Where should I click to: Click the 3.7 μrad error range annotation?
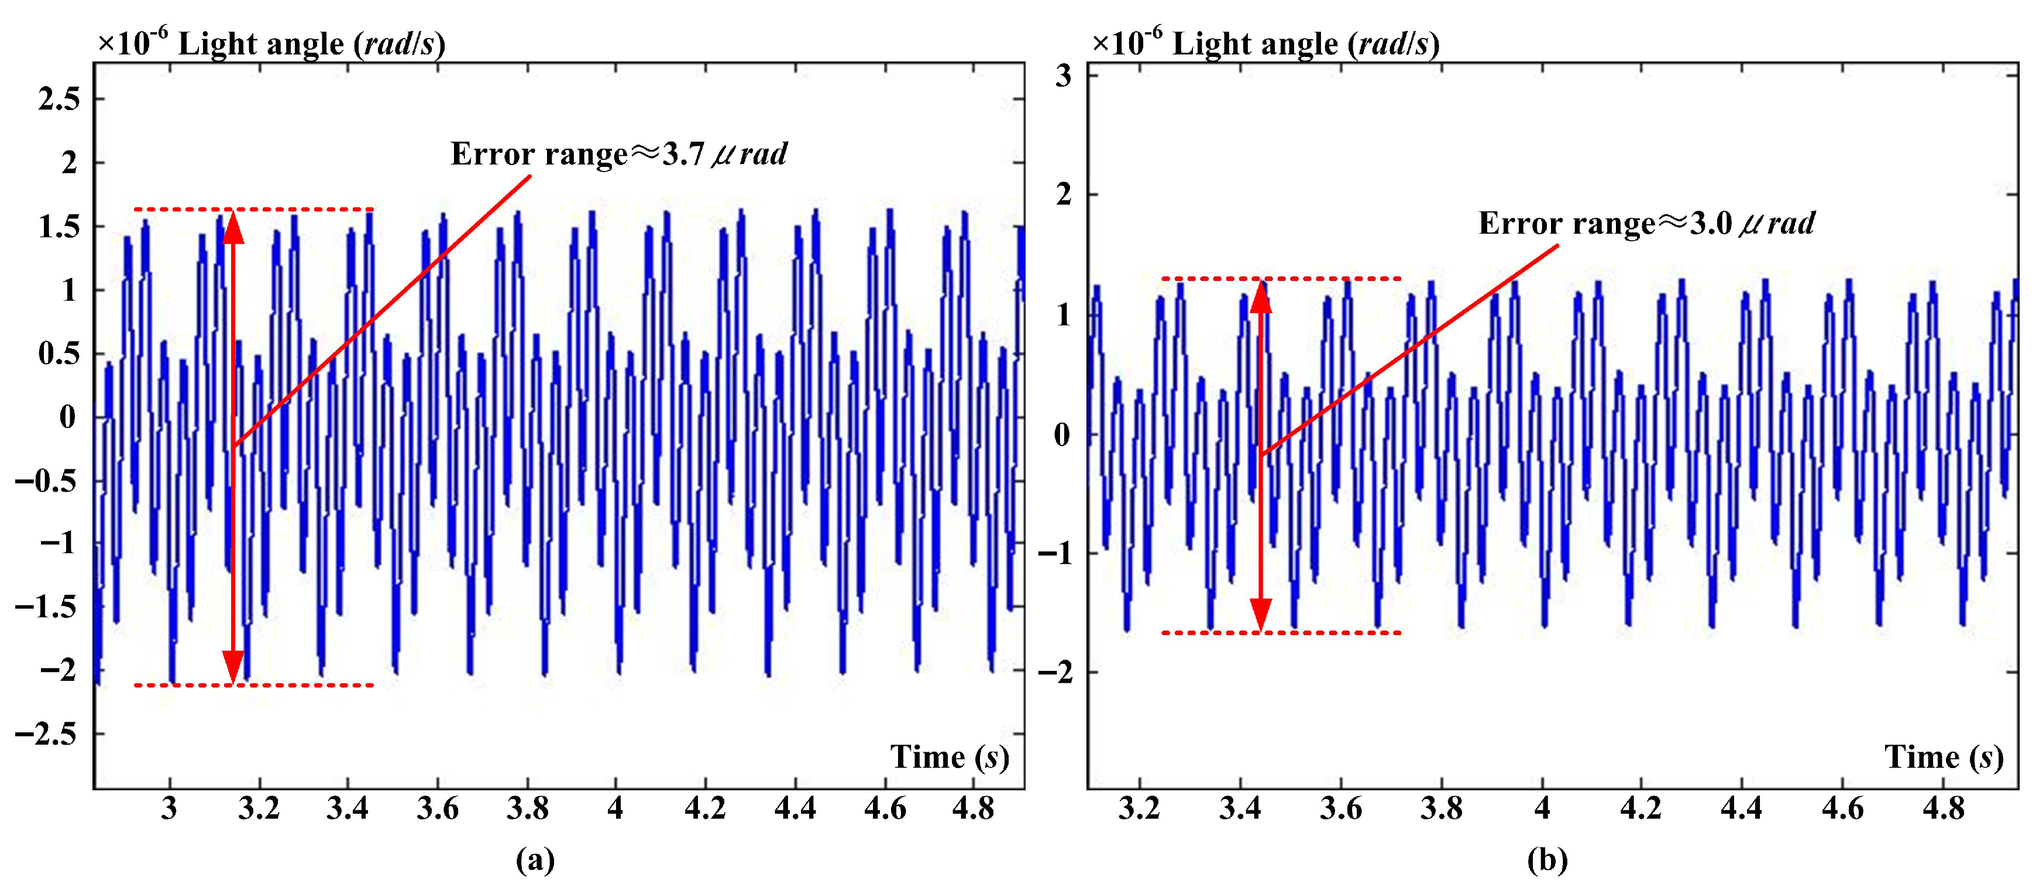click(x=619, y=153)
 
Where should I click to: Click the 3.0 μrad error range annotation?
click(x=1646, y=223)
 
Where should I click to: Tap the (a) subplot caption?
click(x=535, y=859)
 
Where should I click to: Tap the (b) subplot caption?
click(x=1547, y=859)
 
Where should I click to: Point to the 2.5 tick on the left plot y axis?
click(x=60, y=100)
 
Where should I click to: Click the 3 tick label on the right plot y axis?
click(x=1064, y=76)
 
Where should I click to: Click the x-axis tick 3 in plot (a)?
click(x=169, y=809)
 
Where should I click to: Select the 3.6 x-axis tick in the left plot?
click(x=437, y=809)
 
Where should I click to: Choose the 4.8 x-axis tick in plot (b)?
click(x=1943, y=809)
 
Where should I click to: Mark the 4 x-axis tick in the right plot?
click(x=1542, y=809)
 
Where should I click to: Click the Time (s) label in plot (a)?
click(x=949, y=758)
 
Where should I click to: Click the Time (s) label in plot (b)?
click(x=1944, y=758)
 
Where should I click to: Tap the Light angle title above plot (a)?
click(x=271, y=43)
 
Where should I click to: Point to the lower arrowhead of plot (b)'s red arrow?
click(x=1261, y=614)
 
